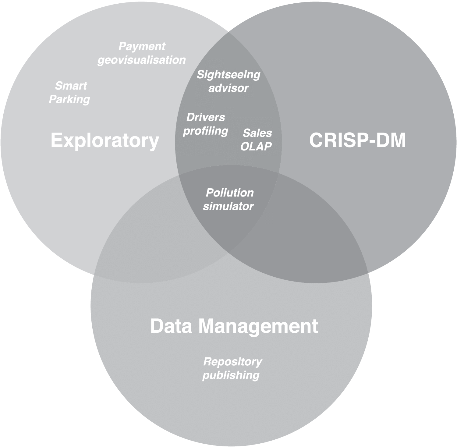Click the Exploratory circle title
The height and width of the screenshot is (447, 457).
coord(105,140)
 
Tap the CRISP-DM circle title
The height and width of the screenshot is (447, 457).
coord(357,140)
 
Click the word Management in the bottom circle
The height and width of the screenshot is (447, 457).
coord(258,326)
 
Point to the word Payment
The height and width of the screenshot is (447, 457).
coord(142,47)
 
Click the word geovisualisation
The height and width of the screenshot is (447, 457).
coord(141,60)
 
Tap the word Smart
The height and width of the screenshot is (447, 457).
coord(71,86)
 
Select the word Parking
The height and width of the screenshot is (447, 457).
coord(69,99)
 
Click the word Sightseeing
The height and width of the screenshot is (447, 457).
coord(228,75)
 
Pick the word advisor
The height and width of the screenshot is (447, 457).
coord(228,88)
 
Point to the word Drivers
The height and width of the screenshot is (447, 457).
coord(206,117)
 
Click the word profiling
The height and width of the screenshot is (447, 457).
coord(205,131)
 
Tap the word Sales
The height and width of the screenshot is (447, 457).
coord(257,133)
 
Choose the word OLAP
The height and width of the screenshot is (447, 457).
coord(256,147)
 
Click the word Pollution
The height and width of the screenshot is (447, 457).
coord(230,193)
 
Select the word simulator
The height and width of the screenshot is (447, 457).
coord(228,206)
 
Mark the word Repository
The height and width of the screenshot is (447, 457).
coord(232,362)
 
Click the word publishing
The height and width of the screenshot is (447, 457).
coord(231,375)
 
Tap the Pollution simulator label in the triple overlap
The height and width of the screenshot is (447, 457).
coord(229,200)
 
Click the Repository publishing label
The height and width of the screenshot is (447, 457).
coord(232,368)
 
